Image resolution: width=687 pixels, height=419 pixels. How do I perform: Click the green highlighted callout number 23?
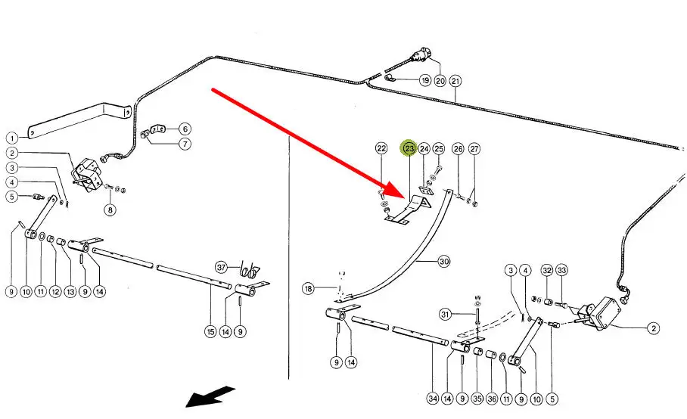click(409, 149)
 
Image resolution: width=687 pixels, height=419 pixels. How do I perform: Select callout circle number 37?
click(221, 267)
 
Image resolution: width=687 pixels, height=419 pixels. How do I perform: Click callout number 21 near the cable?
click(455, 81)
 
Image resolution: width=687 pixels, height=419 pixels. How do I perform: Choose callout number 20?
click(440, 81)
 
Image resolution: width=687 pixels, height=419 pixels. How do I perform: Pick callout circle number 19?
click(425, 81)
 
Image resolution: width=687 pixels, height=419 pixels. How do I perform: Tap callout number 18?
click(308, 288)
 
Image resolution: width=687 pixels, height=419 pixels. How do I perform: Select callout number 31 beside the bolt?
click(445, 315)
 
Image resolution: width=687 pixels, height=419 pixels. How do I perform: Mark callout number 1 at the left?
click(12, 138)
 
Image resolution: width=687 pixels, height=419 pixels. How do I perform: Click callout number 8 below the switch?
click(110, 210)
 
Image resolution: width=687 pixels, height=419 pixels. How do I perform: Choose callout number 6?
click(185, 129)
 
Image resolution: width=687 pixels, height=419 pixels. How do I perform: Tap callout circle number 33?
click(561, 270)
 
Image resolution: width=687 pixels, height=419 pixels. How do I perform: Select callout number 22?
click(381, 149)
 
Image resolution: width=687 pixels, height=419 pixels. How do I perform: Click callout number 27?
click(474, 149)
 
